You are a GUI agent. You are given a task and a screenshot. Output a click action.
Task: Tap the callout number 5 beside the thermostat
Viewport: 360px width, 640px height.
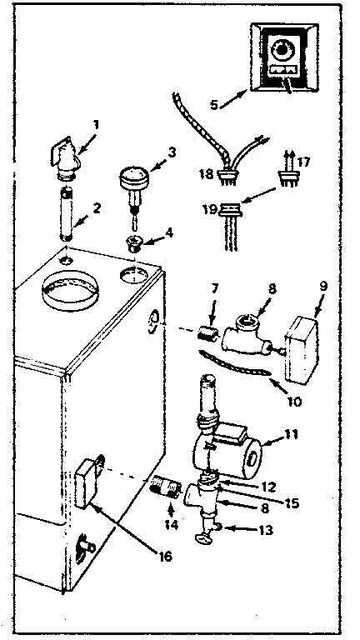213,106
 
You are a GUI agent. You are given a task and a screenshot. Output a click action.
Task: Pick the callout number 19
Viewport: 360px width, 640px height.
208,210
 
